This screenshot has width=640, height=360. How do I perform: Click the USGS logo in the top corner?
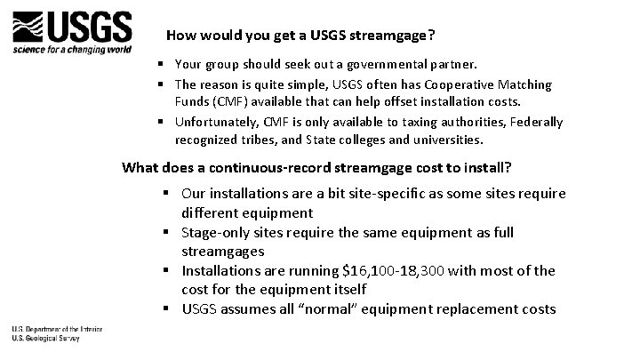[x=72, y=28]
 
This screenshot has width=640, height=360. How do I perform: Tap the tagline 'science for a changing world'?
[x=72, y=50]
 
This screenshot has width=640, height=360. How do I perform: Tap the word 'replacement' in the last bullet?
[x=484, y=309]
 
